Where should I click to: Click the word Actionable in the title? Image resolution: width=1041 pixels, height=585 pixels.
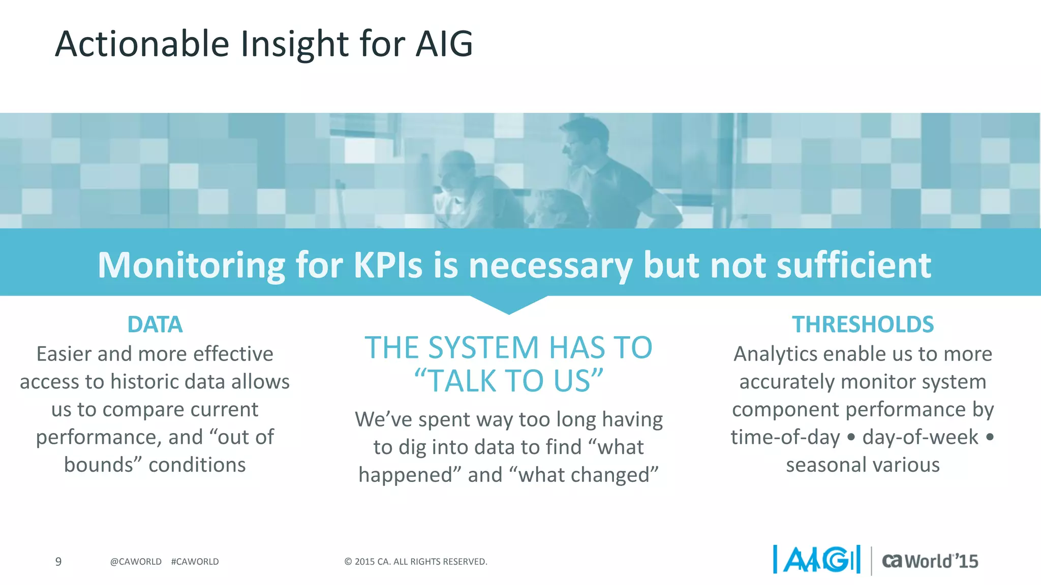pyautogui.click(x=142, y=44)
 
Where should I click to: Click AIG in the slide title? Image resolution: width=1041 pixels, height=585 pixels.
pyautogui.click(x=444, y=44)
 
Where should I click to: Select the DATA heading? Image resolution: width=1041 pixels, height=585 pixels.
pyautogui.click(x=155, y=324)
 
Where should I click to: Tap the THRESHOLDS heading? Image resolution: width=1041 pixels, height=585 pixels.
pyautogui.click(x=863, y=324)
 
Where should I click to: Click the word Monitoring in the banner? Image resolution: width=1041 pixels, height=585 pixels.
pyautogui.click(x=191, y=265)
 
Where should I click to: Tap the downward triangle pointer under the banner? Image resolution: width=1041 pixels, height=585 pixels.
pyautogui.click(x=508, y=304)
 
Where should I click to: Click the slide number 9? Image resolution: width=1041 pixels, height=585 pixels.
pyautogui.click(x=58, y=562)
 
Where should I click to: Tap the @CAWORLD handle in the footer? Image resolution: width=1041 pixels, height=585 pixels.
pyautogui.click(x=136, y=562)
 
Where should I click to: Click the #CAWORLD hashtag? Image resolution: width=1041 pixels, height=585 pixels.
pyautogui.click(x=195, y=562)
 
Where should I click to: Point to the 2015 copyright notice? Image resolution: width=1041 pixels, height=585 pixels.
pyautogui.click(x=415, y=562)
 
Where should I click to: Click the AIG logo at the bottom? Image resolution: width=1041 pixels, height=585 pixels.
pyautogui.click(x=817, y=560)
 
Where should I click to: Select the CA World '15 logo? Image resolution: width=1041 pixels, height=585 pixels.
pyautogui.click(x=930, y=561)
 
